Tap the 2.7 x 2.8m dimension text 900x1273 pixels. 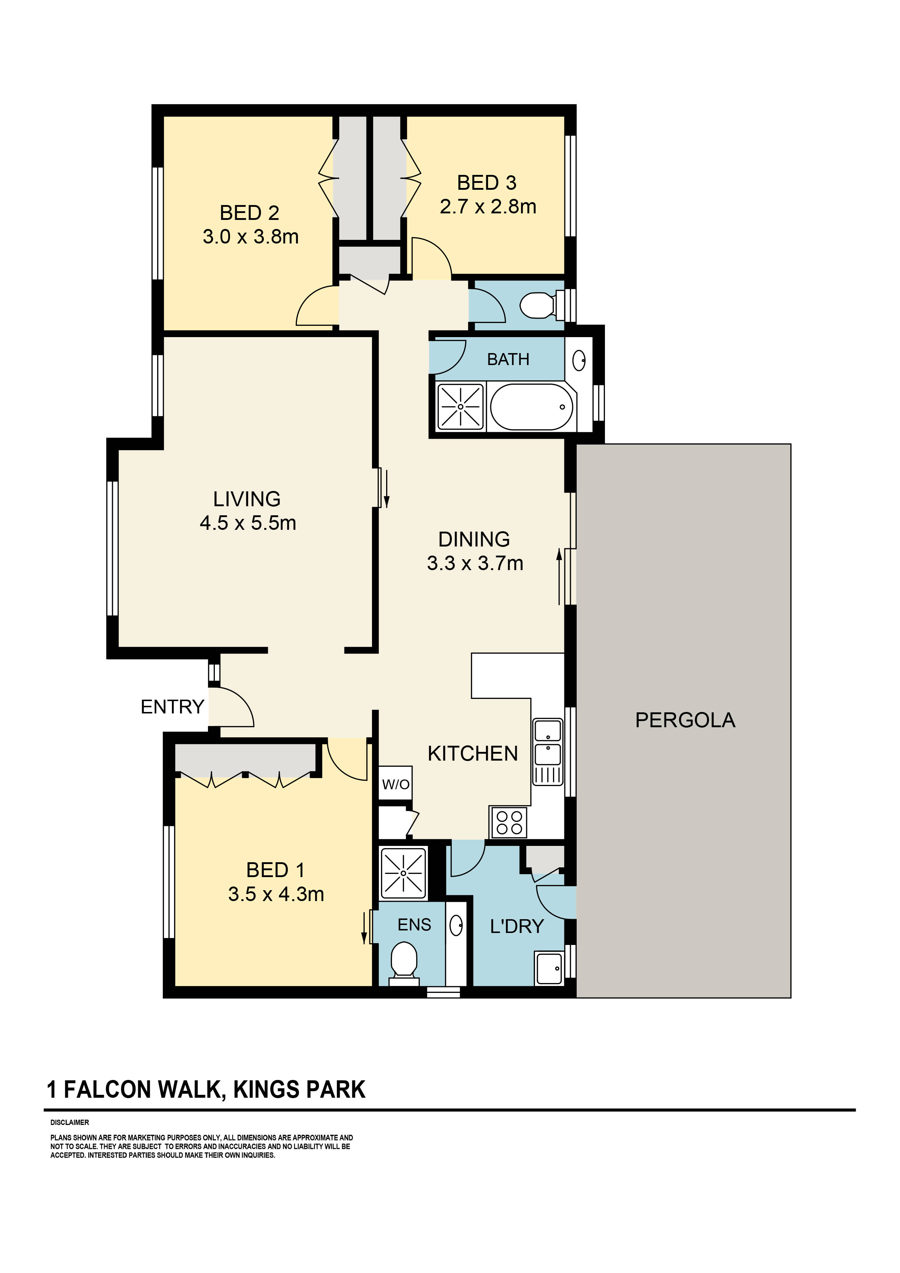point(488,207)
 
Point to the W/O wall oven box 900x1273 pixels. point(395,784)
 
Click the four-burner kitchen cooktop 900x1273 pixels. point(508,823)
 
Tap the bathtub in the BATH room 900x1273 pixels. point(532,407)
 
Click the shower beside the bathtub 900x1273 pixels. point(460,407)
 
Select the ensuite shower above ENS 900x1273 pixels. point(403,873)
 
